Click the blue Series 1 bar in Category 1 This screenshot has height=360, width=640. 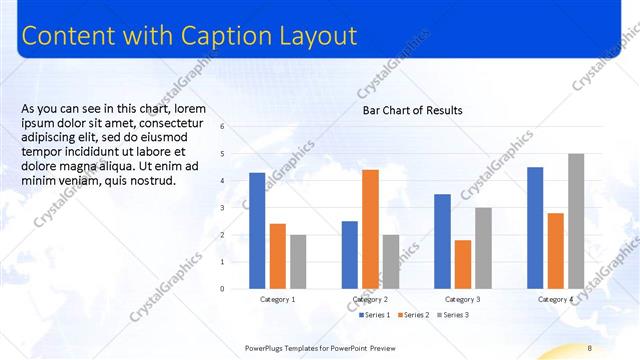click(x=257, y=231)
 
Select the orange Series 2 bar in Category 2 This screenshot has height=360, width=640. click(x=370, y=229)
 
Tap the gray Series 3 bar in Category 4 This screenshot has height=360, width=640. click(x=576, y=221)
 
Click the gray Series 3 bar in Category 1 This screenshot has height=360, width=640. click(x=298, y=262)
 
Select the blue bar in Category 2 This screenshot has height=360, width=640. click(x=349, y=255)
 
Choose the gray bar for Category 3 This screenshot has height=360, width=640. click(x=483, y=248)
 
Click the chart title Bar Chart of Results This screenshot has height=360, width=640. click(x=412, y=110)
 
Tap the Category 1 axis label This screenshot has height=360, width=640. click(x=277, y=300)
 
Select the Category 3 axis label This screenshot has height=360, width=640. click(x=462, y=300)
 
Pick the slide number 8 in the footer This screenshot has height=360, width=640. click(x=590, y=347)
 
